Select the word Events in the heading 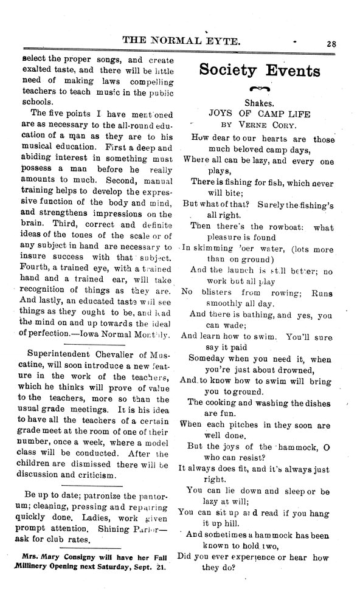tap(294, 71)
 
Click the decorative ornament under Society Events tap(260, 89)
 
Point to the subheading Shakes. tap(260, 103)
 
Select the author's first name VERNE tap(254, 124)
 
